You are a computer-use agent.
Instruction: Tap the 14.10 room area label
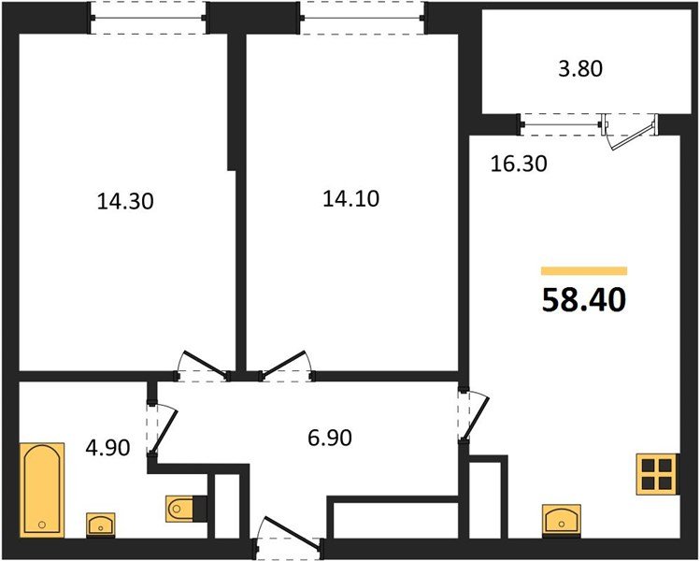click(x=350, y=198)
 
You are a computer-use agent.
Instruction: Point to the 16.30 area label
click(x=518, y=165)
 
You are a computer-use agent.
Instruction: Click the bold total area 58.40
click(x=583, y=300)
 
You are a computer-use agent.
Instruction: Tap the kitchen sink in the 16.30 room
click(x=561, y=517)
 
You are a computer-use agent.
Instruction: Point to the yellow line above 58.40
click(x=583, y=271)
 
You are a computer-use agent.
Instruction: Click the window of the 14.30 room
click(x=149, y=17)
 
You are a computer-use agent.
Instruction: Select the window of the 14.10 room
click(x=361, y=17)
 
